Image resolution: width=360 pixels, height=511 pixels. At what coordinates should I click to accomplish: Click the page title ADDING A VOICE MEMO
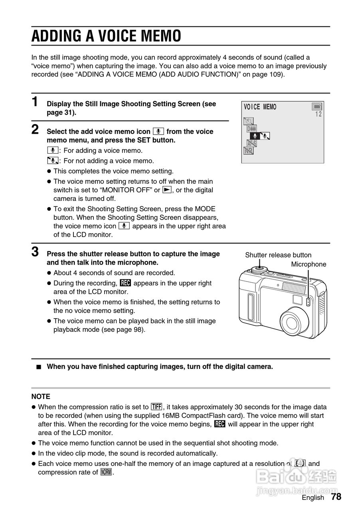click(x=106, y=36)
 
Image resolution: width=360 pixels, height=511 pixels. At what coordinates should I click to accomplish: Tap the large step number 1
click(x=35, y=102)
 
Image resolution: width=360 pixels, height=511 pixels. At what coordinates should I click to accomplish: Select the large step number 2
click(x=35, y=129)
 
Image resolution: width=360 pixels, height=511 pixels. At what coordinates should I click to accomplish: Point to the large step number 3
click(x=35, y=252)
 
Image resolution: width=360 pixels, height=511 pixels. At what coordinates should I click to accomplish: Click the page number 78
click(x=336, y=497)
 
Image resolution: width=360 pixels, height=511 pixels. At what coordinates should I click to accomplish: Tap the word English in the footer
click(x=313, y=497)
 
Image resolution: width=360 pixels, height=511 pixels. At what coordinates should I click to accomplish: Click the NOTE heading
click(x=41, y=396)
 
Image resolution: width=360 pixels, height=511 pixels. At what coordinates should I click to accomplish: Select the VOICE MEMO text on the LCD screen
click(x=260, y=107)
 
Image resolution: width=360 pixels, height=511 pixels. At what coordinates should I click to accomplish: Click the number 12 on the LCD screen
click(x=318, y=114)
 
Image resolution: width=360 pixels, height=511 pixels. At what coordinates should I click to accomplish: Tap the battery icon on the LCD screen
click(x=317, y=107)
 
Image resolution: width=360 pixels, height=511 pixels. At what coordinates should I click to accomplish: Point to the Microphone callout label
click(x=309, y=264)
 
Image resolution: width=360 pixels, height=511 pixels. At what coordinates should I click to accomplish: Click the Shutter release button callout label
click(x=278, y=255)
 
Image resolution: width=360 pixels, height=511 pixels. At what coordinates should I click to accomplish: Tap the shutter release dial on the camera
click(x=260, y=270)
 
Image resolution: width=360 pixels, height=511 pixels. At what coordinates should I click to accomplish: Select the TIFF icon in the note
click(x=156, y=407)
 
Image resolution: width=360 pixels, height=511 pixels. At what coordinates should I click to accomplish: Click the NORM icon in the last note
click(x=106, y=472)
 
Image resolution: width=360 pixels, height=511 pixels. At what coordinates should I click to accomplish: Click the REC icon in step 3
click(x=125, y=283)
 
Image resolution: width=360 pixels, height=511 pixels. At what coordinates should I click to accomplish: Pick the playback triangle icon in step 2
click(x=167, y=190)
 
